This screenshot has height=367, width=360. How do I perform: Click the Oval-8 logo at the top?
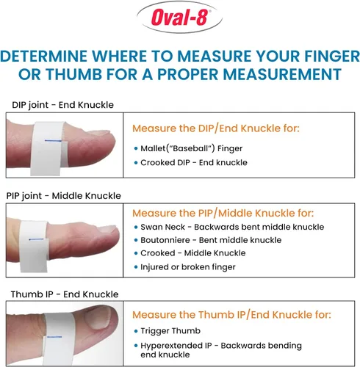click(179, 18)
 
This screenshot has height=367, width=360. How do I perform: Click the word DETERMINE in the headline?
click(43, 57)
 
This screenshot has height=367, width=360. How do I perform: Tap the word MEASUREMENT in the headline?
click(282, 74)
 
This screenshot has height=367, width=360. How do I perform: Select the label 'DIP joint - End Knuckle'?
click(62, 105)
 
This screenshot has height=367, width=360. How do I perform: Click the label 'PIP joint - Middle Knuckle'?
click(64, 196)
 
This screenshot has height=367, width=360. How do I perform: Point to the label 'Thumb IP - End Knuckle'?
click(65, 294)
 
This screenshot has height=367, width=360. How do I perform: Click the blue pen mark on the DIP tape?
click(53, 141)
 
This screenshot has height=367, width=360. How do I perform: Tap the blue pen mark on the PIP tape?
click(36, 239)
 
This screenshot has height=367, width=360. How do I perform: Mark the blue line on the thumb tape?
click(54, 337)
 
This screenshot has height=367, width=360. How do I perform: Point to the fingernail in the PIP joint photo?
click(108, 229)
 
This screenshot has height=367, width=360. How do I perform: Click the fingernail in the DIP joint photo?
click(98, 133)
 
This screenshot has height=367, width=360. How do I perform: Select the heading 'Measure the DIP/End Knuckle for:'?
click(216, 128)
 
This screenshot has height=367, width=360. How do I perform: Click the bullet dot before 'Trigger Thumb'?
click(136, 331)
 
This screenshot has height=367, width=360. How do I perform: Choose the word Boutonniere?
click(165, 240)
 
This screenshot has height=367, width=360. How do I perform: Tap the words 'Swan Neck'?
click(162, 227)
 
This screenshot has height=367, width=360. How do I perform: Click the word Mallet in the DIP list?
click(153, 148)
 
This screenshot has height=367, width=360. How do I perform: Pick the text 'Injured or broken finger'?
click(188, 267)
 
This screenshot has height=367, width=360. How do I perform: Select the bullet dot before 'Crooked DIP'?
click(136, 163)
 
